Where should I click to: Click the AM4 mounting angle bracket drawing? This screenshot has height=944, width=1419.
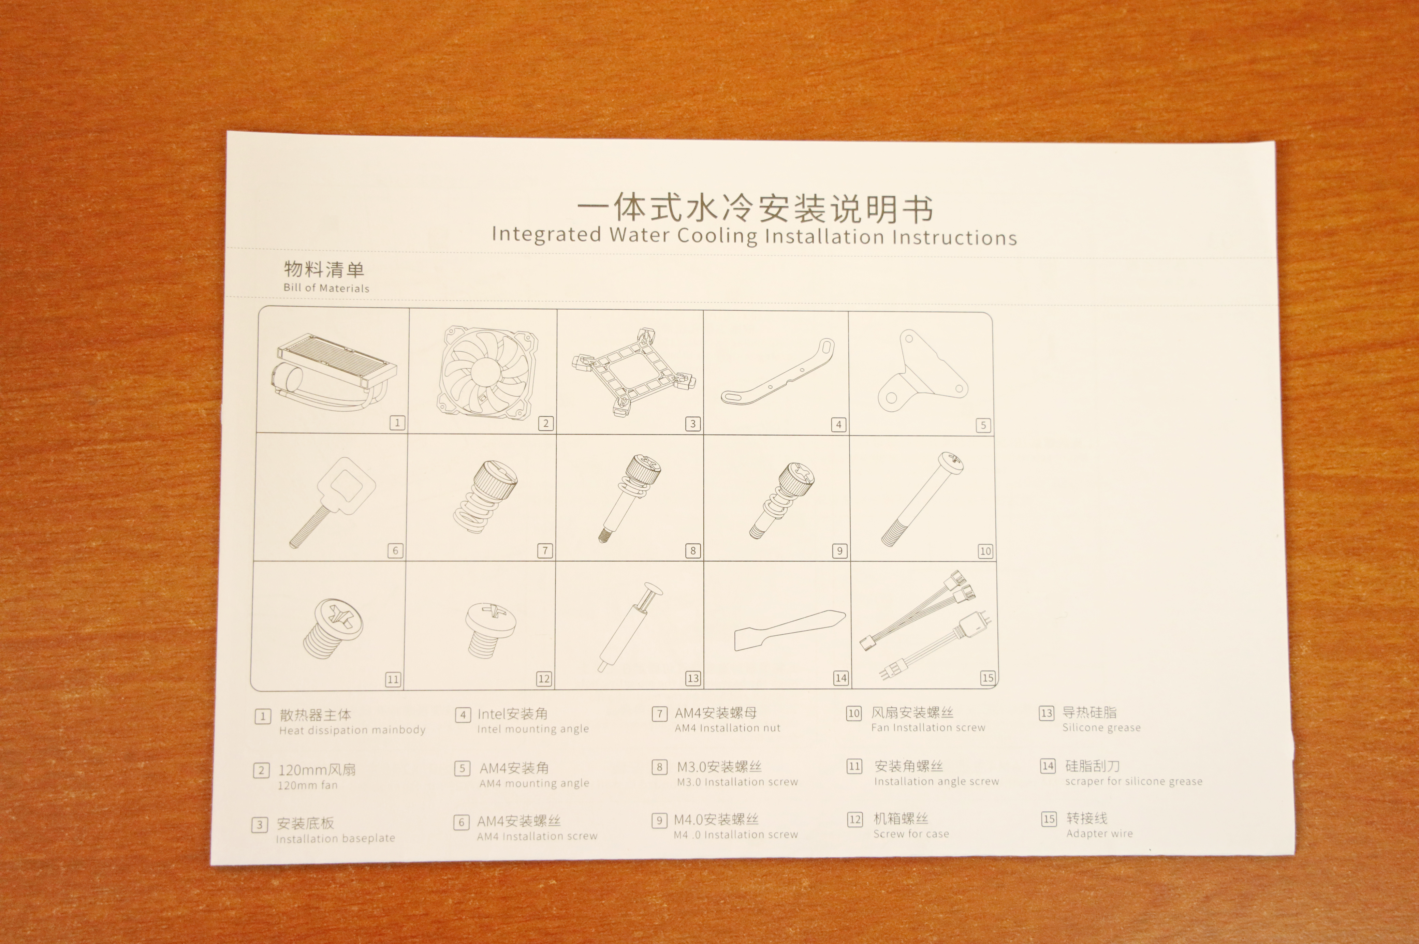tap(921, 371)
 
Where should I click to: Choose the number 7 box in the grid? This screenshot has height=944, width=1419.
tap(544, 550)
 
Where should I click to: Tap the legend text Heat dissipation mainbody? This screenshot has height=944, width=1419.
tap(352, 730)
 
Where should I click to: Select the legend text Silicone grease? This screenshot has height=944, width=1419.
tap(1101, 727)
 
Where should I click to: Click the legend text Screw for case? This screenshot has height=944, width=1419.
tap(911, 834)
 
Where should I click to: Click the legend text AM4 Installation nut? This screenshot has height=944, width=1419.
tap(727, 728)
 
